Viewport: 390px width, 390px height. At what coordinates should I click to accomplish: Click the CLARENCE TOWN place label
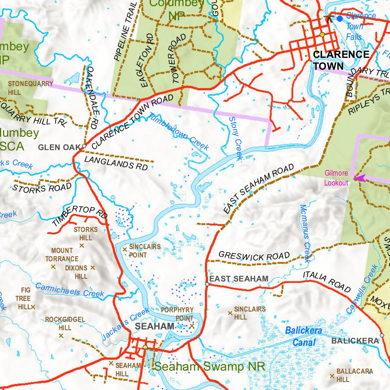point(341,60)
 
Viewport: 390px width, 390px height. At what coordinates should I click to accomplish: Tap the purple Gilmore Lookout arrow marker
point(359,178)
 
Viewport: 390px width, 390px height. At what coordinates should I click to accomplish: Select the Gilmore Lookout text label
point(336,178)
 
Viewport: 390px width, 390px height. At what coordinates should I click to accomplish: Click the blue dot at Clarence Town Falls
point(339,18)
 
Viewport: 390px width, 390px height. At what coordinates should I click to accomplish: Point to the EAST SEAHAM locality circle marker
point(207,284)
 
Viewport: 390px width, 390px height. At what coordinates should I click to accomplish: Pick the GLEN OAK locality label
point(59,147)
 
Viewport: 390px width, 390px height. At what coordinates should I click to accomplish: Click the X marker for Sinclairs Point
point(125,249)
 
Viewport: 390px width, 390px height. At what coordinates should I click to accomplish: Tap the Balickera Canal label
point(304,336)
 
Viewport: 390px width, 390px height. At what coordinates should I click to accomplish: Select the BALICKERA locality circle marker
point(382,335)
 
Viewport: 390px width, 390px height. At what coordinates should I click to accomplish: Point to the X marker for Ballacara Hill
point(332,376)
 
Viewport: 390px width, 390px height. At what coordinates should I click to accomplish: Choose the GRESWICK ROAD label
point(254,256)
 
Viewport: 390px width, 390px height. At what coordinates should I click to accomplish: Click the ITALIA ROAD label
point(326,281)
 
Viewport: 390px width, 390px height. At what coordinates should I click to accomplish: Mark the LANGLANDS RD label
point(116,163)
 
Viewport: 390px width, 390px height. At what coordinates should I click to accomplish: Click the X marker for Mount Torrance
point(53,267)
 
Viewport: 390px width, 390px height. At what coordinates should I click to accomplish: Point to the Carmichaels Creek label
point(70,290)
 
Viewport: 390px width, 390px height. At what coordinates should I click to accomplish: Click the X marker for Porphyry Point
point(192,326)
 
